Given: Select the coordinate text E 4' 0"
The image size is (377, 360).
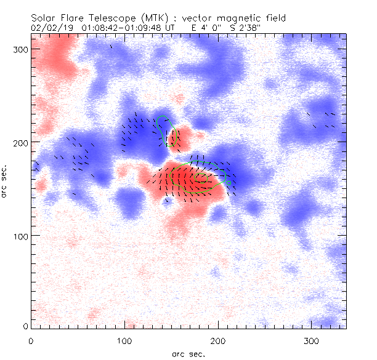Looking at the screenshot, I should pos(203,28).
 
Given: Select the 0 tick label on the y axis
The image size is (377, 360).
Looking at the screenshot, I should pos(25,326).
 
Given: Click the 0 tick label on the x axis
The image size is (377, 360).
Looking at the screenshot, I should pos(31,340).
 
